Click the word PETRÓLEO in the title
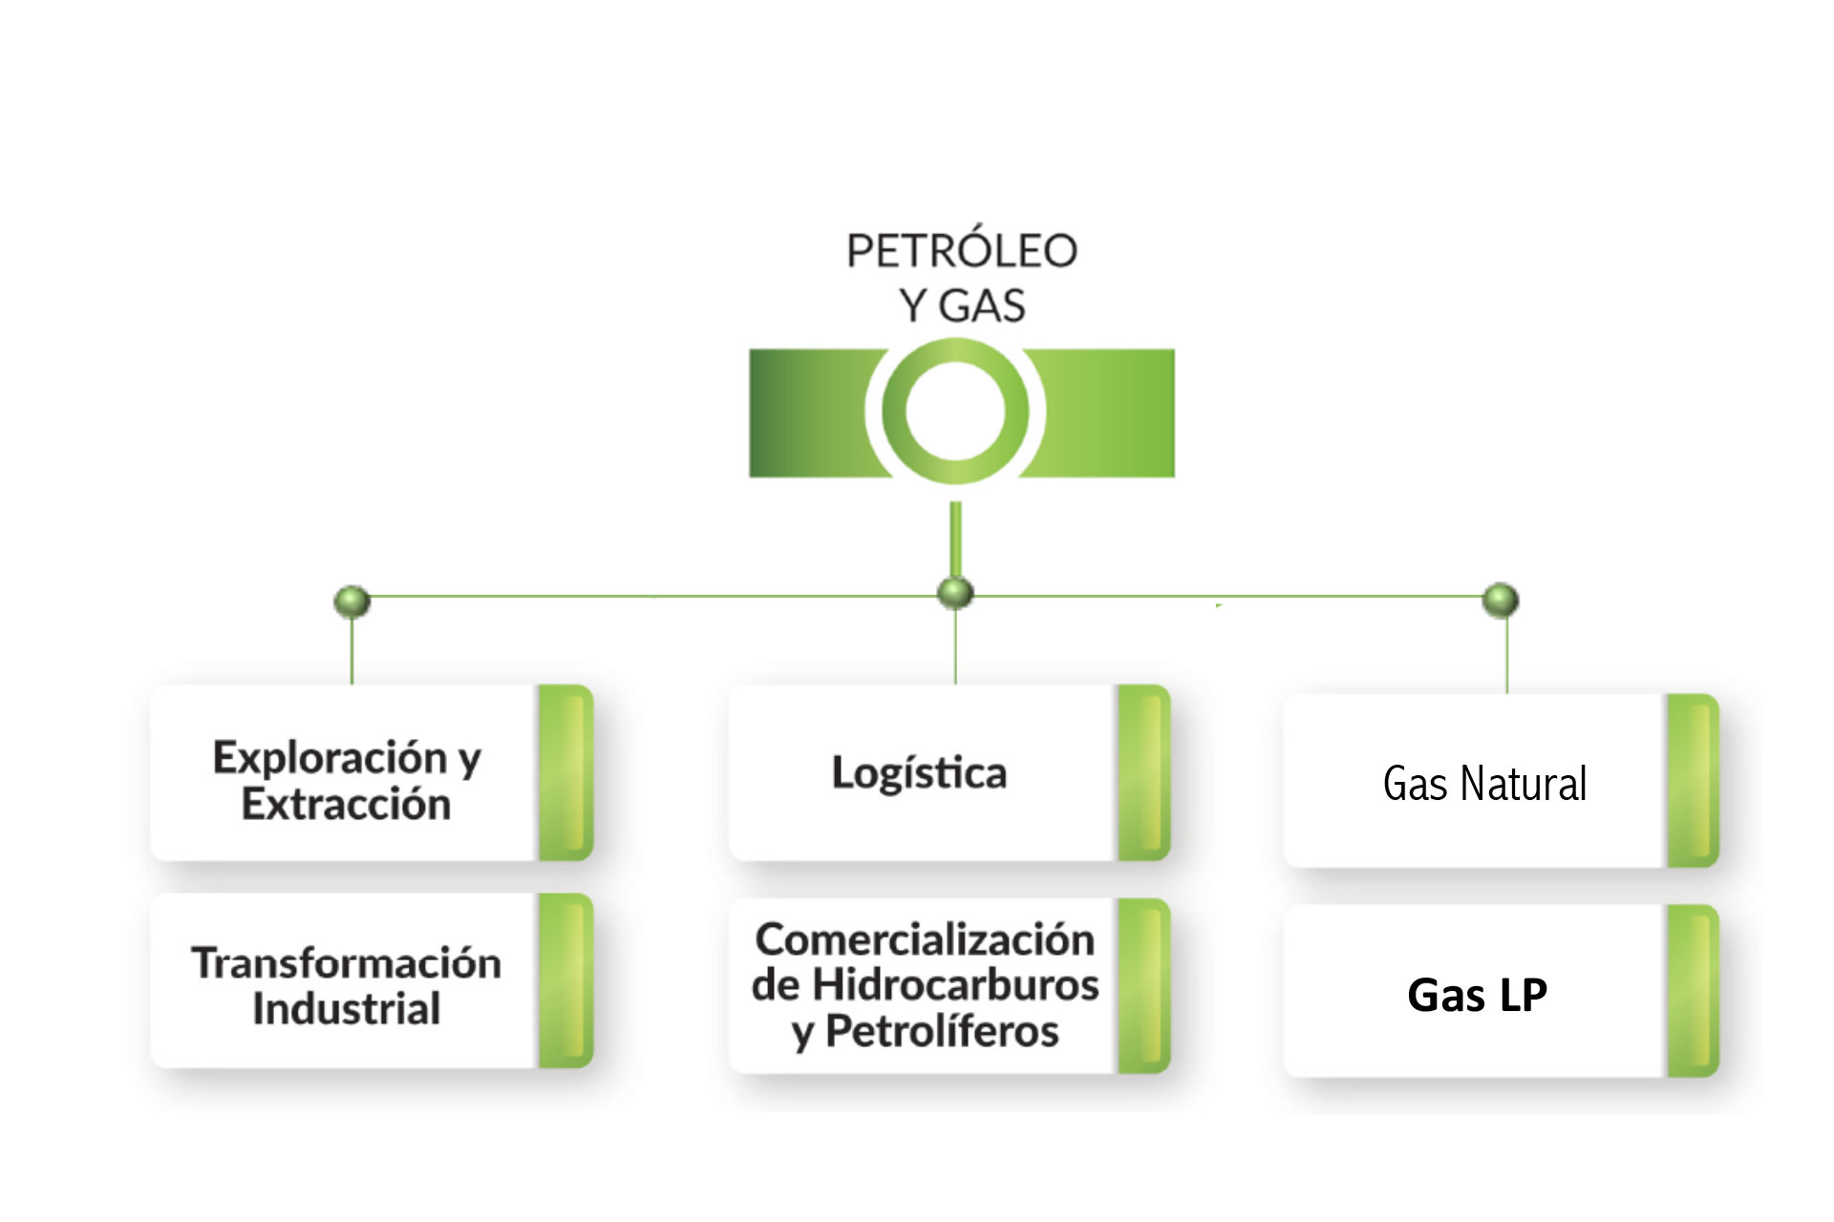pos(961,251)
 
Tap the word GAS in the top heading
pos(982,306)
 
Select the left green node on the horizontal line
pos(352,601)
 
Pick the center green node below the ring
pos(955,593)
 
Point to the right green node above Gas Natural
pos(1500,600)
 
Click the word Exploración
pos(330,758)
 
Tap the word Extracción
pos(346,805)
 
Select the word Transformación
pos(346,962)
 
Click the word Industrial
pos(346,1009)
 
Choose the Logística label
pos(919,773)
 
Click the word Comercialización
pos(925,939)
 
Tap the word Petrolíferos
pos(942,1031)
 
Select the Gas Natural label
pos(1484,784)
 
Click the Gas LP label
pos(1477,995)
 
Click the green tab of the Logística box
pos(1143,772)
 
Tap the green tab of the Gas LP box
pos(1693,991)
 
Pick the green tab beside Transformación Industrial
pos(565,980)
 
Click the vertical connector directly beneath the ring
pos(955,539)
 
